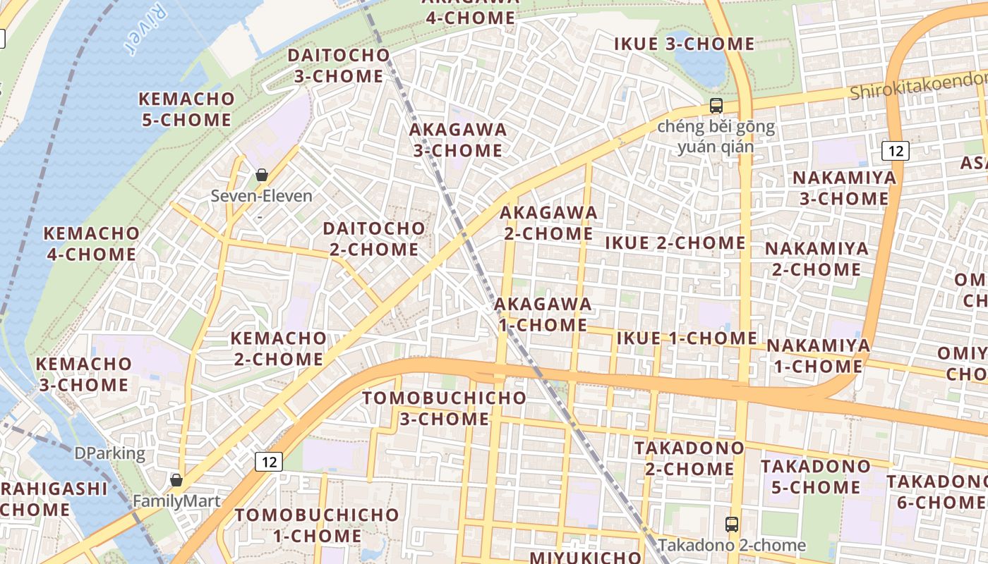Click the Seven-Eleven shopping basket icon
coord(262,175)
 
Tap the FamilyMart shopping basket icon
coord(176,481)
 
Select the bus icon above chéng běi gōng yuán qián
coord(716,106)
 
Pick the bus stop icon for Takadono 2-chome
coord(732,525)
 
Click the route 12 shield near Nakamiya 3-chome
coord(896,150)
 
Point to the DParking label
coord(109,453)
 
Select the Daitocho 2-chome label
coord(374,239)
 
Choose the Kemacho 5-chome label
coord(186,109)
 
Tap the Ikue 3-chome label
coord(684,44)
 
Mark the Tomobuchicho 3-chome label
coord(445,408)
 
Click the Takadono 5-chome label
coord(815,477)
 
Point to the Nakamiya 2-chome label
coord(817,259)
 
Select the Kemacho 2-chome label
coord(279,348)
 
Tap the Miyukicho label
coord(585,557)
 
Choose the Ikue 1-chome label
coord(687,338)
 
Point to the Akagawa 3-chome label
coord(458,140)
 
